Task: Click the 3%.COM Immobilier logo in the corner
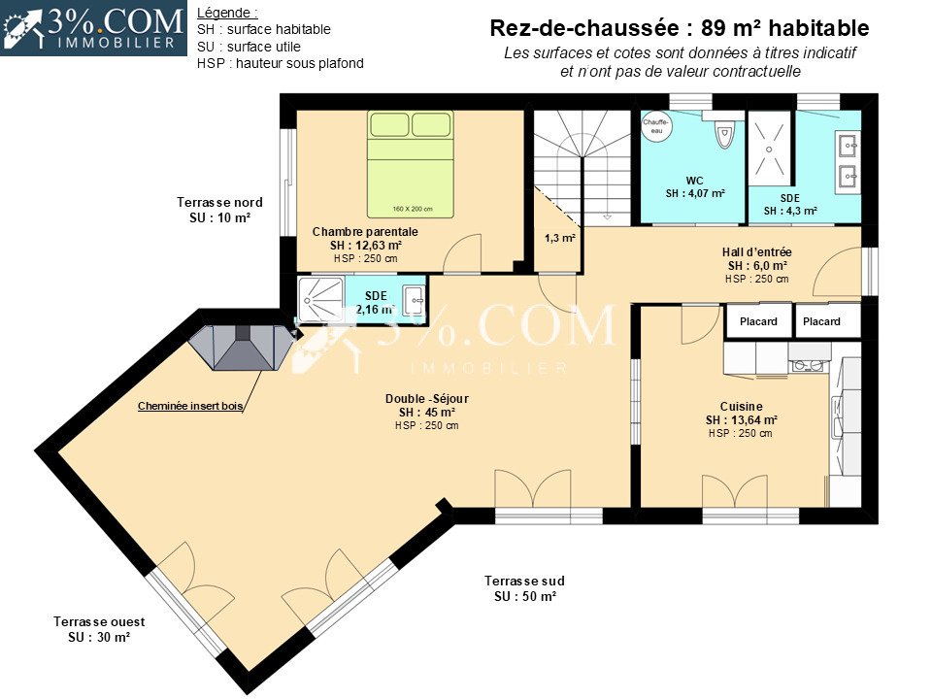(93, 28)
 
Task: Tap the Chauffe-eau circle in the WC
(656, 126)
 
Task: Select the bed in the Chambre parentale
(410, 164)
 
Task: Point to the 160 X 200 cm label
(413, 209)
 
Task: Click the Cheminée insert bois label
(190, 406)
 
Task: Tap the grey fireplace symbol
(243, 348)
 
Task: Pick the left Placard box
(758, 321)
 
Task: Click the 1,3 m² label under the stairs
(560, 239)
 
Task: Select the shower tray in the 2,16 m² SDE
(321, 298)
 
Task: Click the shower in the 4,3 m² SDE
(769, 148)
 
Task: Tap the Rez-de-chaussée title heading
(680, 28)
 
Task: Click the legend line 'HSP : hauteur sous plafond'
(280, 64)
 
